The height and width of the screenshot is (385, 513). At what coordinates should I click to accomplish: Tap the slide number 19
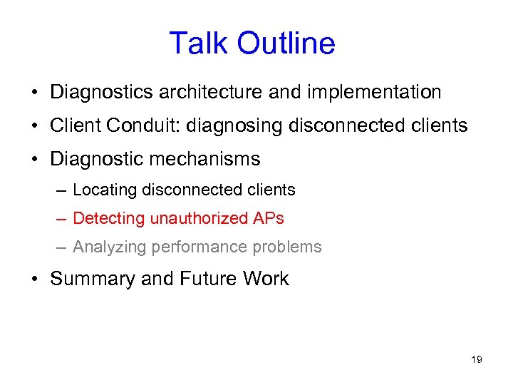pyautogui.click(x=477, y=359)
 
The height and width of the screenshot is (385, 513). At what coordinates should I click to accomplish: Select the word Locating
pyautogui.click(x=105, y=190)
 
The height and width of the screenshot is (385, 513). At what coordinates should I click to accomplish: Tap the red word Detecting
pyautogui.click(x=108, y=218)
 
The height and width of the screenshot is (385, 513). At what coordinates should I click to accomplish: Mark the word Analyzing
pyautogui.click(x=107, y=247)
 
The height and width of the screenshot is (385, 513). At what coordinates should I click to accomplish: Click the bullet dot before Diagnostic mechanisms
pyautogui.click(x=34, y=159)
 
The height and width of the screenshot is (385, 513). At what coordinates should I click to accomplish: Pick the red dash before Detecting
pyautogui.click(x=63, y=218)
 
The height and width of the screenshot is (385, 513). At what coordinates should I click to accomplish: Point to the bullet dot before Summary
pyautogui.click(x=34, y=279)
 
